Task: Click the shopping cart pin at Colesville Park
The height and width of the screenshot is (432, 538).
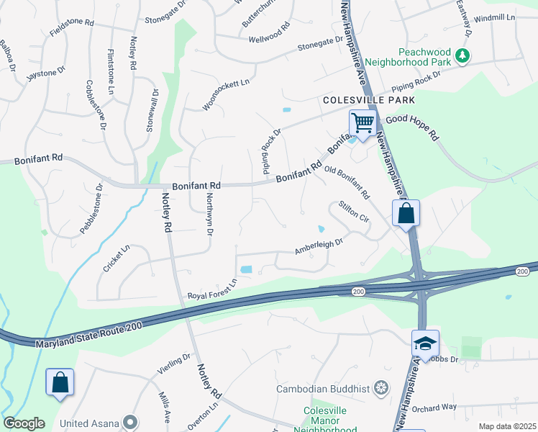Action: click(x=363, y=123)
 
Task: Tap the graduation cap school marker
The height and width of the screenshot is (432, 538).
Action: click(x=425, y=343)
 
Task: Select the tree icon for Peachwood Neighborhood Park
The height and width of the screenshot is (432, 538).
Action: click(x=465, y=55)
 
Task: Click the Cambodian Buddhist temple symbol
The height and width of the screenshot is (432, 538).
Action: click(x=380, y=389)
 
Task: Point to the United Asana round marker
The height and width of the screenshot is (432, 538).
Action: click(x=130, y=422)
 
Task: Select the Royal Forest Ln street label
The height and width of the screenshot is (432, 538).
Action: click(x=212, y=289)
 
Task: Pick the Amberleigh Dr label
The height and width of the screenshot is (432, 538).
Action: click(x=319, y=247)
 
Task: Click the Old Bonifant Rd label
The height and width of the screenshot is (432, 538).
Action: click(x=347, y=183)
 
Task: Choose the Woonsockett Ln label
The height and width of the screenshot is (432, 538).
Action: click(x=225, y=94)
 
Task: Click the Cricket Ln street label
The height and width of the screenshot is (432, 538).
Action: click(x=116, y=258)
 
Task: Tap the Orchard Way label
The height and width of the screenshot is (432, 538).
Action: click(x=435, y=408)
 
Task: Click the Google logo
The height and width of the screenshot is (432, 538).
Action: click(x=24, y=423)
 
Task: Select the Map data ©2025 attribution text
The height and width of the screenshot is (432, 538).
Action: click(x=506, y=426)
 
